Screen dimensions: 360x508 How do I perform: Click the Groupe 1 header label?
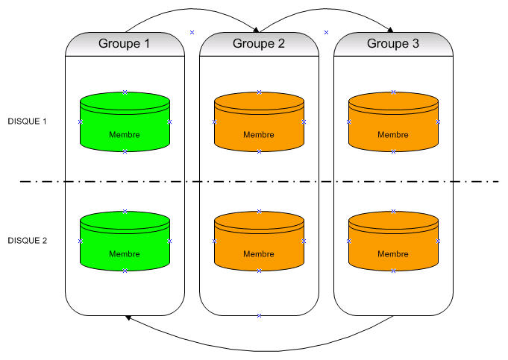click(x=125, y=44)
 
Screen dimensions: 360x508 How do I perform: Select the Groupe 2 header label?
click(x=259, y=44)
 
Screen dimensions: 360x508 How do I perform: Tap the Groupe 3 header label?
click(x=393, y=44)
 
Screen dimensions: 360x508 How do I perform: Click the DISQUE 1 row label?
click(x=27, y=121)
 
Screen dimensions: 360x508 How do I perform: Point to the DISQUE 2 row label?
click(x=27, y=241)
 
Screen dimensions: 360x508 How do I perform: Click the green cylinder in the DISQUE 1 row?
click(x=125, y=122)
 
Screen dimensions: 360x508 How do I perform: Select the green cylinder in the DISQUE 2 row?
click(x=125, y=241)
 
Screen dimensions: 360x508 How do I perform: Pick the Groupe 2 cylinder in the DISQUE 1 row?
click(x=259, y=122)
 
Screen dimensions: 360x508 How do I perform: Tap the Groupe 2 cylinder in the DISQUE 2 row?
click(x=259, y=241)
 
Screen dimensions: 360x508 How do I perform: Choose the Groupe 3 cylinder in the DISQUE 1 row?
click(x=393, y=122)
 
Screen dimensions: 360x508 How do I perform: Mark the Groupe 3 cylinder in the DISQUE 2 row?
click(x=393, y=241)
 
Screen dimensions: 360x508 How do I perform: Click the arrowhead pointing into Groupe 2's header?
click(x=257, y=31)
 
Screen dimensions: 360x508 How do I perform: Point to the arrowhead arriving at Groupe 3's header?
click(x=392, y=31)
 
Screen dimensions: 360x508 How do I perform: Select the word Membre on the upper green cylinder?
click(x=124, y=135)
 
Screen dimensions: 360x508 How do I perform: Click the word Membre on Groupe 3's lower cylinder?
click(x=392, y=254)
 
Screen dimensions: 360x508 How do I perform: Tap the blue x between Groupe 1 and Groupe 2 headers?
click(x=192, y=32)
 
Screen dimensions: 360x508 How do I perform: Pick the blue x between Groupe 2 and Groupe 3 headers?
click(x=326, y=32)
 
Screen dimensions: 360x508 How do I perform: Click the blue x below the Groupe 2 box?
click(x=259, y=316)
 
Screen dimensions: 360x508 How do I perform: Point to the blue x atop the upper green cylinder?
click(x=125, y=92)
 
